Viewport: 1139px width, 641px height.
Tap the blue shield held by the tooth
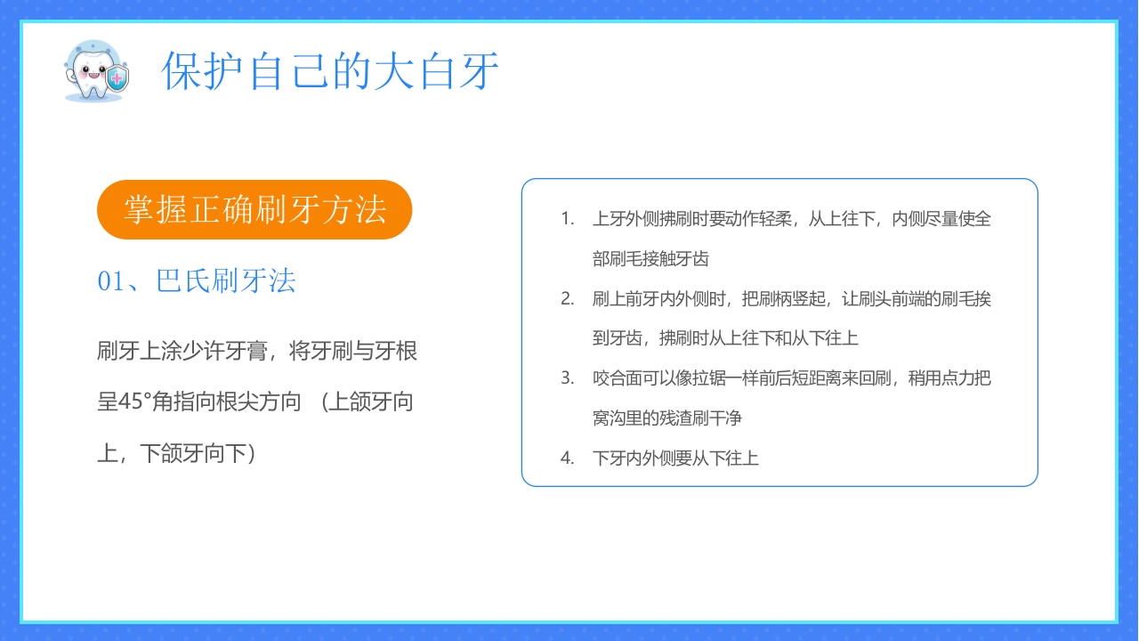click(117, 81)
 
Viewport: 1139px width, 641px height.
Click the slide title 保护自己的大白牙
click(330, 71)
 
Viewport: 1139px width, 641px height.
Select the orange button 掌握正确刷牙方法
click(254, 210)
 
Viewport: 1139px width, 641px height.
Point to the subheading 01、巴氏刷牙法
click(197, 281)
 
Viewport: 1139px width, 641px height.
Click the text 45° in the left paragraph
click(137, 402)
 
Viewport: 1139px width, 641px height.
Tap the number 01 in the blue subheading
click(111, 282)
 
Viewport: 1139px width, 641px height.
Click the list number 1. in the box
click(568, 219)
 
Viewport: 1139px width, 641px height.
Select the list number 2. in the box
click(568, 298)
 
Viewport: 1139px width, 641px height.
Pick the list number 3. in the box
click(568, 377)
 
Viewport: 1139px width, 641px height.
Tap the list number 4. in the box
click(568, 458)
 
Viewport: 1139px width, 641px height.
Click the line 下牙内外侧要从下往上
click(675, 458)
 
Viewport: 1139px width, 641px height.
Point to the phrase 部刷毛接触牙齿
click(650, 259)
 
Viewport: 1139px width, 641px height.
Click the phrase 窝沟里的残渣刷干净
click(667, 418)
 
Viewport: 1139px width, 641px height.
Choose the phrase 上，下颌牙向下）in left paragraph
click(177, 454)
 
